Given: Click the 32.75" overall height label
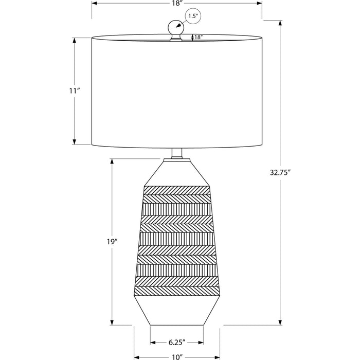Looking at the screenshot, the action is (x=280, y=172).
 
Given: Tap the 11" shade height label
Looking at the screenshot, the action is (x=75, y=91).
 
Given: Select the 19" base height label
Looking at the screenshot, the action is (x=112, y=242).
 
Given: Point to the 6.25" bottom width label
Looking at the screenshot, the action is (x=177, y=343).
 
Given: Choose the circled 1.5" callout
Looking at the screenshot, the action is (x=193, y=16).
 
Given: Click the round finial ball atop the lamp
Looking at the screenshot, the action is (x=176, y=27).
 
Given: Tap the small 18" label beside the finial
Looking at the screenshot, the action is (x=199, y=37).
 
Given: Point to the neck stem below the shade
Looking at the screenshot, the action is (x=177, y=153).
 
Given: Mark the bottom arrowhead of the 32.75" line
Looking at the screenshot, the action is (x=280, y=322).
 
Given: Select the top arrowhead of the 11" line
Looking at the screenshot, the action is (x=74, y=41).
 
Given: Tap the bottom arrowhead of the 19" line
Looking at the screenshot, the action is (x=112, y=322).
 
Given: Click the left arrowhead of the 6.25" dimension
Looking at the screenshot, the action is (x=153, y=343).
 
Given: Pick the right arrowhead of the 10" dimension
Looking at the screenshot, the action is (x=217, y=357).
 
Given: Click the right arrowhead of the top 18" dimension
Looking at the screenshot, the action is (x=259, y=4).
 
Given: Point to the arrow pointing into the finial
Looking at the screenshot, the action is (x=181, y=24).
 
